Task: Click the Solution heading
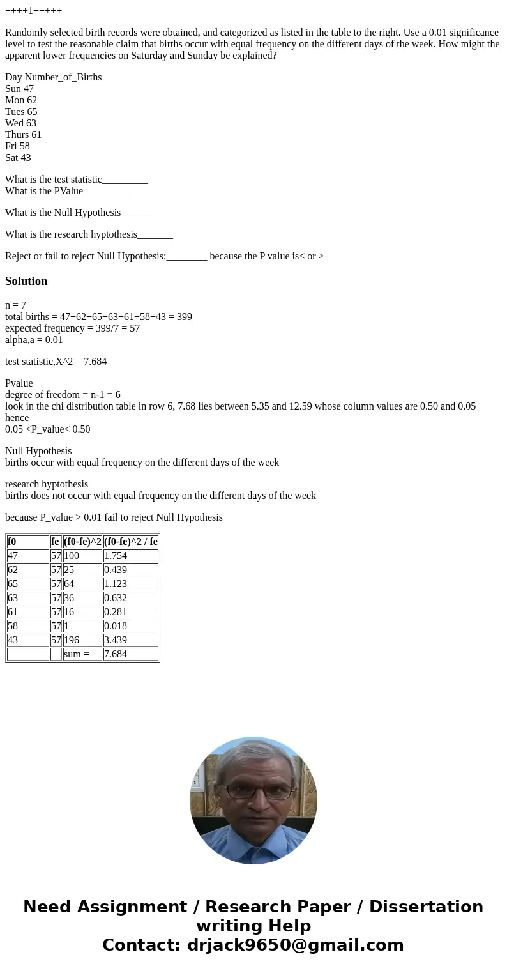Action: pos(26,281)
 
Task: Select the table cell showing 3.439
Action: pos(130,640)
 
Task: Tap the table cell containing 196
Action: pos(82,640)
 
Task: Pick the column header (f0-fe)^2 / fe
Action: pos(130,542)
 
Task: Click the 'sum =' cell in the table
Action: pos(82,654)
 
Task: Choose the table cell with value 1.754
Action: pos(130,556)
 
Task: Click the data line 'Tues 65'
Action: pos(21,112)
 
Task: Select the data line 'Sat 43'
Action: pos(18,158)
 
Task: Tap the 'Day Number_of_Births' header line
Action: pos(54,77)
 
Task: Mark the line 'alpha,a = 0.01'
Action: pos(34,340)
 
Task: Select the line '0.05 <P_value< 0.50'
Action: pos(47,429)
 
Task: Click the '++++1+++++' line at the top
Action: pos(33,11)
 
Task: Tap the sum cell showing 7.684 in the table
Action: pos(130,654)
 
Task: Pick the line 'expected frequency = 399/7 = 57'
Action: pos(72,328)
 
